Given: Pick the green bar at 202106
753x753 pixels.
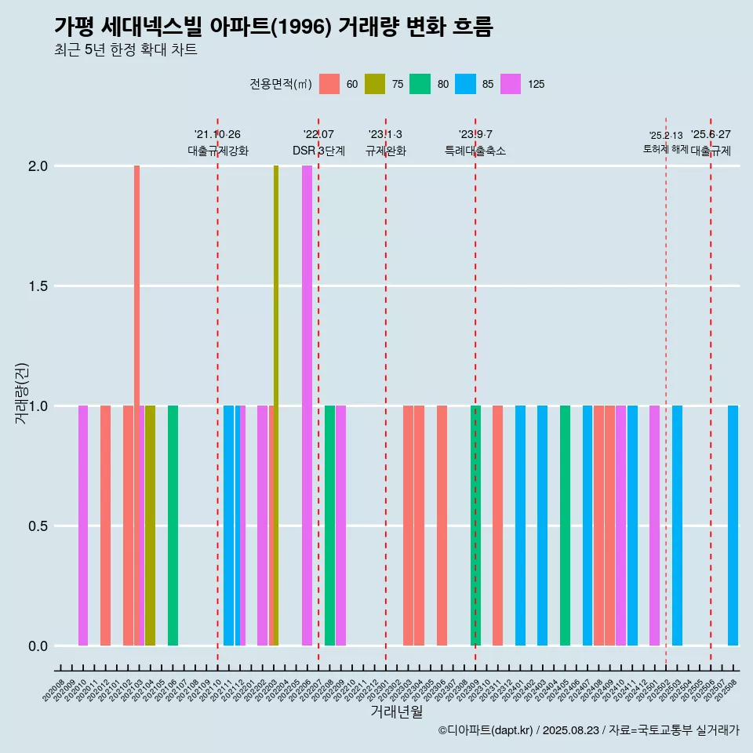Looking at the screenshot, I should pos(173,526).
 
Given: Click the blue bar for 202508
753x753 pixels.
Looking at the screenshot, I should pos(733,526).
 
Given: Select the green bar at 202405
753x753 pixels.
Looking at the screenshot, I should pos(565,526).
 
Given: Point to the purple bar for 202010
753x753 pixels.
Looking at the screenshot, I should pos(83,526).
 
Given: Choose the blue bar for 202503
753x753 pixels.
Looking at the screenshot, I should pos(677,526).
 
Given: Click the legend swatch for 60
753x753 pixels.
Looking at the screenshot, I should pos(329,84).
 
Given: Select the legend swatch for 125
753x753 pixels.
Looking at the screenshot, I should pos(511,84).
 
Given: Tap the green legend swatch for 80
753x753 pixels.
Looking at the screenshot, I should pos(420,84).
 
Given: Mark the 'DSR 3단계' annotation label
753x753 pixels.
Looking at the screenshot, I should pos(318,151).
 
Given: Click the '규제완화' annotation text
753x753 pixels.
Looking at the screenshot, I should pos(386,151).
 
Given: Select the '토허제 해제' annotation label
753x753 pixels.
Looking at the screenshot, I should pos(665,149).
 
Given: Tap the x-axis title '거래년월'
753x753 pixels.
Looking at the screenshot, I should pos(396,711).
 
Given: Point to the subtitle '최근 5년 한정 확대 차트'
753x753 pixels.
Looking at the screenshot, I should pos(125,50).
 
